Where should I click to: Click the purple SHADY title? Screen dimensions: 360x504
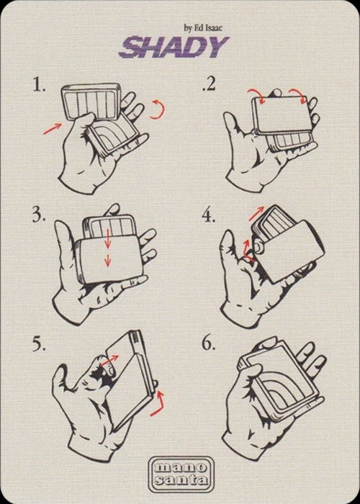click(174, 47)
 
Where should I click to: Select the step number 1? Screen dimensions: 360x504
click(39, 85)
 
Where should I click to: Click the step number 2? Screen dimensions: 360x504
click(209, 85)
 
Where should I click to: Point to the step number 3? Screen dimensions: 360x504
click(39, 215)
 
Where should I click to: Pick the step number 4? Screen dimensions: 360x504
click(209, 216)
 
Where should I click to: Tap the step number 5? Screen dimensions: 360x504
click(39, 345)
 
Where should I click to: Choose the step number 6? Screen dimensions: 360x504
click(209, 344)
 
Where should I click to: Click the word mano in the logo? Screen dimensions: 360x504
click(181, 467)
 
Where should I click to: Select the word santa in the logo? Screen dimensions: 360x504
click(181, 480)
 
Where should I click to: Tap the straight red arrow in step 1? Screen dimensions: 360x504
click(52, 129)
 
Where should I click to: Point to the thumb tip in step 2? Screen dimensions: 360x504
click(228, 115)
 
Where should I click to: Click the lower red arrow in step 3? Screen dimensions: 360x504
click(108, 260)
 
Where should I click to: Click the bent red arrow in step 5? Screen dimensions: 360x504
click(158, 405)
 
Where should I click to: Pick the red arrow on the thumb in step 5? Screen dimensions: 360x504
click(109, 360)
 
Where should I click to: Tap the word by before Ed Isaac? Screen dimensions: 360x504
click(188, 29)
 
